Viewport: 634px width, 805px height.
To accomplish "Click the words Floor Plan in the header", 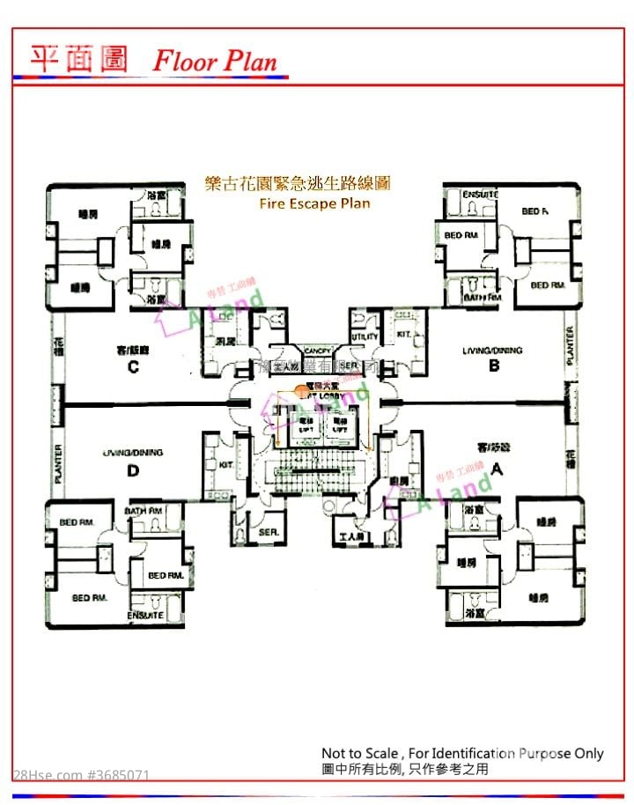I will point(215,61).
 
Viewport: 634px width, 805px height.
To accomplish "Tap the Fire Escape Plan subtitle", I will point(314,203).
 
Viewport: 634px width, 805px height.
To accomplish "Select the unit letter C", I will point(133,367).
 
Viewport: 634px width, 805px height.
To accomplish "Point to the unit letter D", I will point(133,470).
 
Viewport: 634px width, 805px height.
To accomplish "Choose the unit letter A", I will point(496,469).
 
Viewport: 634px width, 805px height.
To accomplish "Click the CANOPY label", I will point(317,351).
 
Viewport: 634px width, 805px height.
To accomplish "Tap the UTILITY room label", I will point(365,336).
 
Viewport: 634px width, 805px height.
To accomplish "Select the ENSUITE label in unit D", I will point(145,615).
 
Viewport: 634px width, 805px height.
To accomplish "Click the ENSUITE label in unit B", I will point(482,194).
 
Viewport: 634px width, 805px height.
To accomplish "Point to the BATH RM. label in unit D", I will point(144,511).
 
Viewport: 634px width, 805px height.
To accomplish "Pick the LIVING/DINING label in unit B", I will point(492,351).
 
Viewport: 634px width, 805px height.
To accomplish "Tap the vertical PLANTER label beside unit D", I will point(59,462).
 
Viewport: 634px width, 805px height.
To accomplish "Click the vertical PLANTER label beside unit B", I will point(570,345).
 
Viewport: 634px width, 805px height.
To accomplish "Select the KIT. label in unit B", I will point(403,336).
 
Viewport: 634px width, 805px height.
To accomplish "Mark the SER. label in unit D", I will point(269,532).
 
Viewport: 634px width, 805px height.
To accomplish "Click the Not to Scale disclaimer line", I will point(462,753).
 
